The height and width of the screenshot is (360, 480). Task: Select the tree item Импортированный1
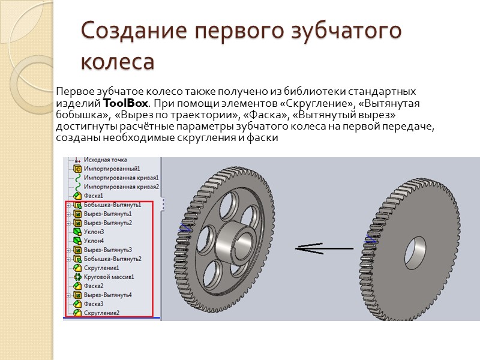tap(112, 169)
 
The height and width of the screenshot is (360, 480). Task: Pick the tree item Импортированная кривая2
tap(121, 187)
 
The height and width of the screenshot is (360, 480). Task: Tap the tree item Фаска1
tap(94, 196)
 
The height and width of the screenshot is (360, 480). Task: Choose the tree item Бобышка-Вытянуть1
tap(112, 205)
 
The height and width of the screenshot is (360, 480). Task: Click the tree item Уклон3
tap(94, 232)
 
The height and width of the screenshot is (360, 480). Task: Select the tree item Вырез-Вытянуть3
tap(108, 250)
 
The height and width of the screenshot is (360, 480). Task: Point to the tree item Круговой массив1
tap(109, 277)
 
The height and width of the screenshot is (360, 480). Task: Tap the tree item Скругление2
tap(101, 313)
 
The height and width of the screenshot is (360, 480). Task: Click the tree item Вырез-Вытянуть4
tap(108, 295)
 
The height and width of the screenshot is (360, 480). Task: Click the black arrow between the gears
tap(316, 247)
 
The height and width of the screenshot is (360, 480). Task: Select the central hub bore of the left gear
tap(244, 243)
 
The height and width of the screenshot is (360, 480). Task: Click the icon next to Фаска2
tap(77, 286)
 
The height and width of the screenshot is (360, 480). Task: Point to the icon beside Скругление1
tap(77, 268)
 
